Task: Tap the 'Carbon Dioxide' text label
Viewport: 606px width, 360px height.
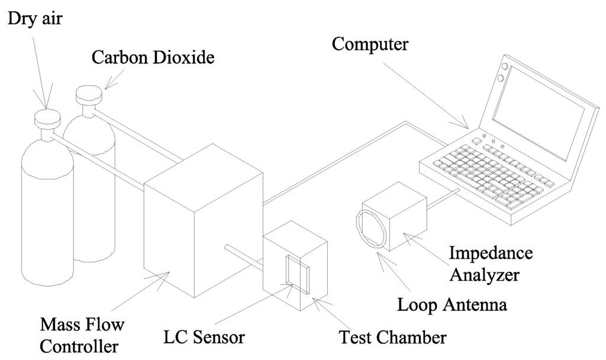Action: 153,58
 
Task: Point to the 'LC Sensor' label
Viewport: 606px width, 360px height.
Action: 204,338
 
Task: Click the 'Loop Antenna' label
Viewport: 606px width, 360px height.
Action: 451,306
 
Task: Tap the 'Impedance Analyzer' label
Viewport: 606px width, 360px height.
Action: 491,264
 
